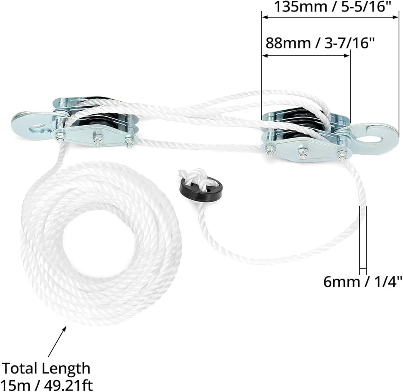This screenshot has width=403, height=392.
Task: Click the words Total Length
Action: pyautogui.click(x=46, y=368)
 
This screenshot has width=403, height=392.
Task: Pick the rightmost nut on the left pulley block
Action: pyautogui.click(x=129, y=142)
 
